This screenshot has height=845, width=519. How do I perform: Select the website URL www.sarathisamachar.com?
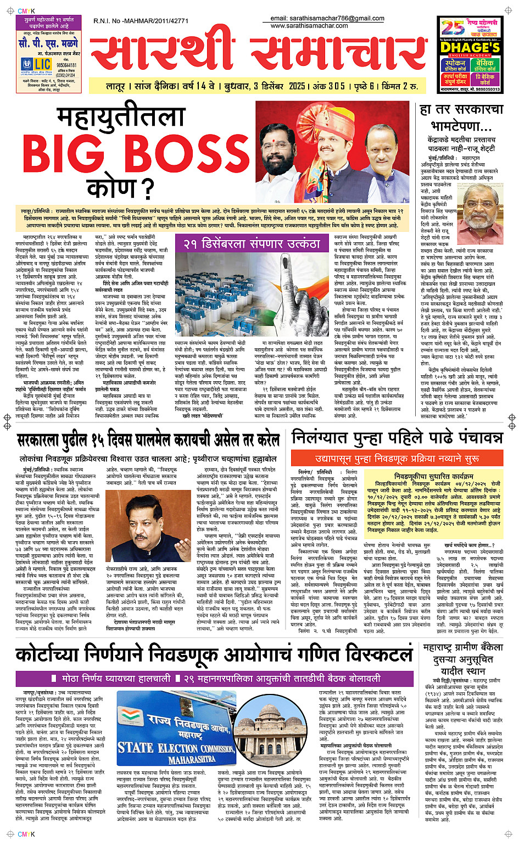[309, 25]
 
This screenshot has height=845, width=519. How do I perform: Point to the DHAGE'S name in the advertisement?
[470, 48]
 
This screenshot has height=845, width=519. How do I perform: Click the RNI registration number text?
[141, 21]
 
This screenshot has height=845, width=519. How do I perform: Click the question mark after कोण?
[147, 188]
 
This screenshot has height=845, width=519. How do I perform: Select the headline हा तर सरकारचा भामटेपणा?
[461, 118]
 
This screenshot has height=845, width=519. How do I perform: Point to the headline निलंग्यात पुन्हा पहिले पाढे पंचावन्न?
[397, 438]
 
